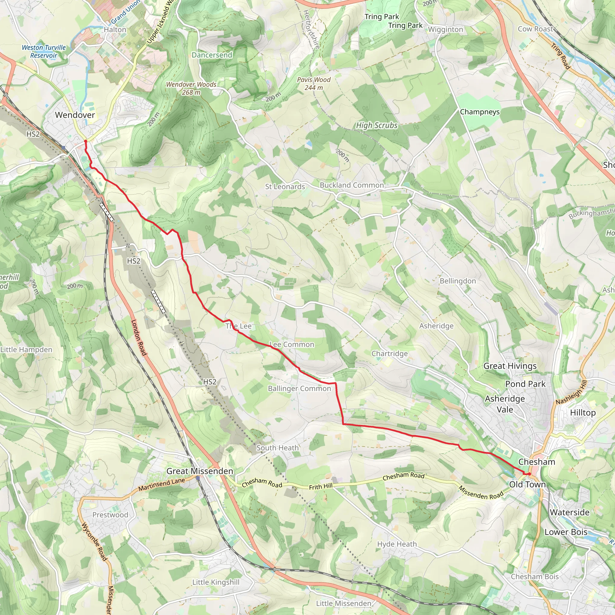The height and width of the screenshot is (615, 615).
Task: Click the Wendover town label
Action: [x=75, y=115]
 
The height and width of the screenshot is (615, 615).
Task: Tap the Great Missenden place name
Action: [x=200, y=471]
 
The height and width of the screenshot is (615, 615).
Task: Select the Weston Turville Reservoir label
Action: [x=44, y=51]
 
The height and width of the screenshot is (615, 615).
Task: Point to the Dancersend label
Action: [x=212, y=55]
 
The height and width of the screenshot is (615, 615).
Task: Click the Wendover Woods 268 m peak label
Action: [x=191, y=88]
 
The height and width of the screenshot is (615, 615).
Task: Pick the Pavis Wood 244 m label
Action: [x=314, y=83]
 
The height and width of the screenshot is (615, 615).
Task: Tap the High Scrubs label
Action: [x=377, y=126]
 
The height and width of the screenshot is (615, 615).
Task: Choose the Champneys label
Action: [x=479, y=112]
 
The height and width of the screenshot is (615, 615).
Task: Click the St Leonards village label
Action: [x=285, y=186]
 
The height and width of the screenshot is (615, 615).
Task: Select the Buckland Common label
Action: [x=351, y=185]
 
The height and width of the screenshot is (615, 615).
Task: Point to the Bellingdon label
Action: [x=457, y=281]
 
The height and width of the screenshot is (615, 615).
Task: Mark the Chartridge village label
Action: [x=389, y=353]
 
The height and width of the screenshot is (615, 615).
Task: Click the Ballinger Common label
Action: [x=299, y=388]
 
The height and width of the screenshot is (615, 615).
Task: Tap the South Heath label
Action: [x=277, y=447]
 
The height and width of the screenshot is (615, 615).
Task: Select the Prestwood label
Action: [x=110, y=515]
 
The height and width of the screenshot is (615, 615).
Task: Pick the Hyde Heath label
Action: [x=397, y=544]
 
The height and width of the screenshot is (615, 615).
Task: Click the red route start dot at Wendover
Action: [x=85, y=141]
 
